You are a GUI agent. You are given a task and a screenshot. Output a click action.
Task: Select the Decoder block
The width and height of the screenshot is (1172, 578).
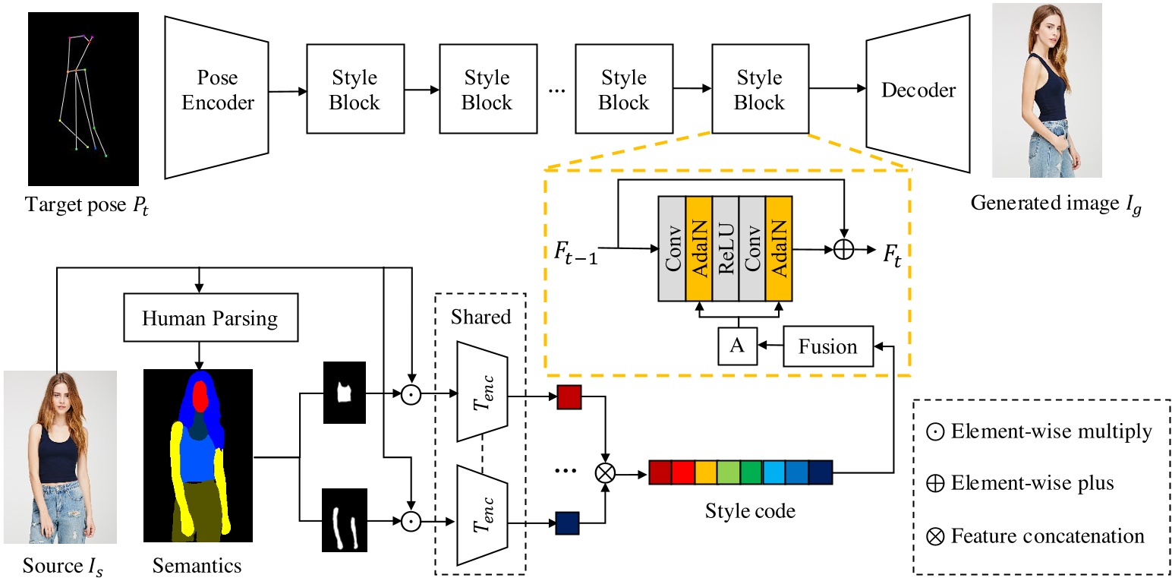point(918,90)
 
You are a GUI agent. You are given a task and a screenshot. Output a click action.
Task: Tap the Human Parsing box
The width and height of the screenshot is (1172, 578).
point(210,317)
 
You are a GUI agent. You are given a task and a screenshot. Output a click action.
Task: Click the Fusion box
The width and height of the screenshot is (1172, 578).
point(827,346)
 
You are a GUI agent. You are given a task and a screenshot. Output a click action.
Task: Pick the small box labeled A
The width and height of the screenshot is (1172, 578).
point(737,346)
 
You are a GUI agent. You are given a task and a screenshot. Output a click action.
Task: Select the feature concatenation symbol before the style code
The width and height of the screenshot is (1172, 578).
point(605,474)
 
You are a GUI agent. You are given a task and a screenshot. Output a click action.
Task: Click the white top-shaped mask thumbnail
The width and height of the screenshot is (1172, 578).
point(345,393)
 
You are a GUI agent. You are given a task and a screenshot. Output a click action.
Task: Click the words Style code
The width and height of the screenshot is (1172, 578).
point(740,510)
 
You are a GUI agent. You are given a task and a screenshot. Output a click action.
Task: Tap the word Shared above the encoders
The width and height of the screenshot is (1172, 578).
point(480,316)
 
